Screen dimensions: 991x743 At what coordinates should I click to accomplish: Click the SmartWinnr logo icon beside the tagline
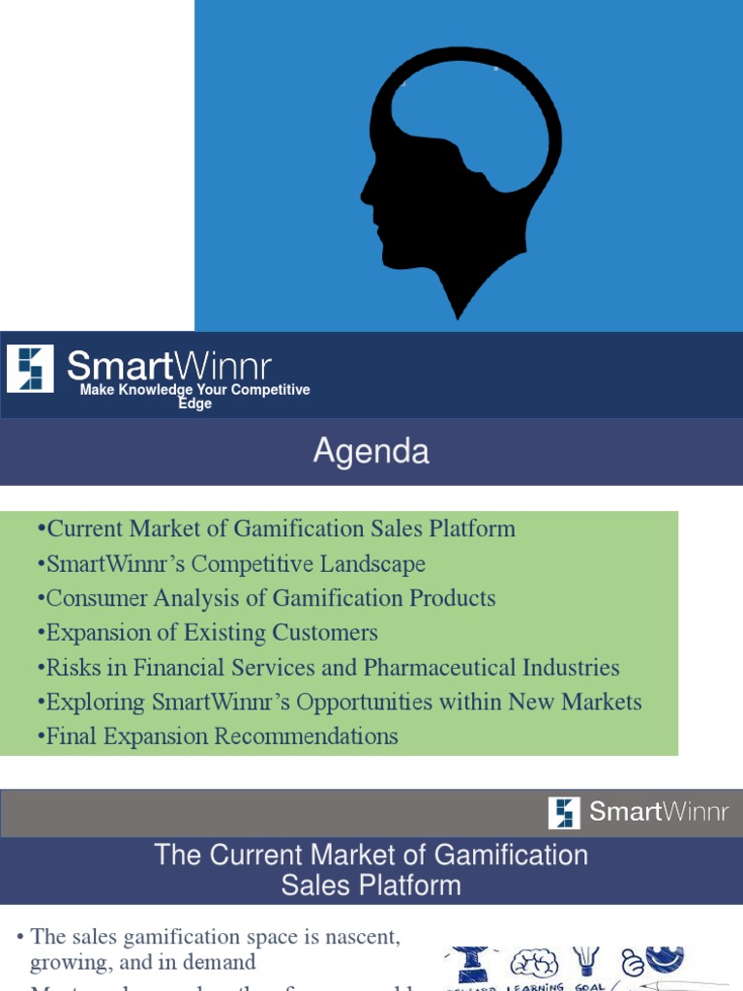coord(30,369)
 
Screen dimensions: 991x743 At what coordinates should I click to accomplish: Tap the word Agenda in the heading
coord(371,452)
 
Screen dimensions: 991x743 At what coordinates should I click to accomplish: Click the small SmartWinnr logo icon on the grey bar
coord(564,812)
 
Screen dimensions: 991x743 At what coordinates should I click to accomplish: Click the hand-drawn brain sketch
coord(534,964)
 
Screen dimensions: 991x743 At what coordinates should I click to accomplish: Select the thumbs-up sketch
coord(632,964)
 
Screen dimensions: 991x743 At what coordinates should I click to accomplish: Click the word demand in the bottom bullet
coord(223,962)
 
